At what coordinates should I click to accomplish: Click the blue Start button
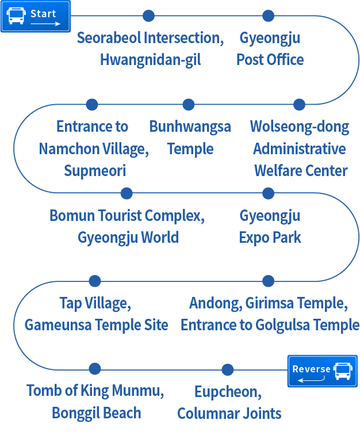coord(35,16)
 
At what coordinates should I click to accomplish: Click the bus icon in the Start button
coord(16,16)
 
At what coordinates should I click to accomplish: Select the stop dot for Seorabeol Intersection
coord(148,16)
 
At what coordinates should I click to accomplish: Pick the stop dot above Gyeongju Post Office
coord(268,16)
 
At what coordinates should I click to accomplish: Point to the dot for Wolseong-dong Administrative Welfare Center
coord(299,104)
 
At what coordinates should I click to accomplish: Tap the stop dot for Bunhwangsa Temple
coord(188,104)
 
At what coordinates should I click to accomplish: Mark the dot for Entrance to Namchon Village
coord(91,104)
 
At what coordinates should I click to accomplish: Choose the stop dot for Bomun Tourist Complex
coord(127,193)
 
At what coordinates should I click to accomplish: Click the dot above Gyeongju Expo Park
coord(268,193)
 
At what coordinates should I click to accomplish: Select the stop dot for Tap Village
coord(95,281)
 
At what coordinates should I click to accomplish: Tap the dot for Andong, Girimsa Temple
coord(268,281)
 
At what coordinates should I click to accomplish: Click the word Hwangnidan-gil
coord(150,60)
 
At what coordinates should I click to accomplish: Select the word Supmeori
coord(95,171)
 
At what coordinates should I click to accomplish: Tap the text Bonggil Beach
coord(96,413)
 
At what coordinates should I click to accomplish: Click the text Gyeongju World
coord(128,237)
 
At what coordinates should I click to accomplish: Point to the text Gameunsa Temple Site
coord(96,325)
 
